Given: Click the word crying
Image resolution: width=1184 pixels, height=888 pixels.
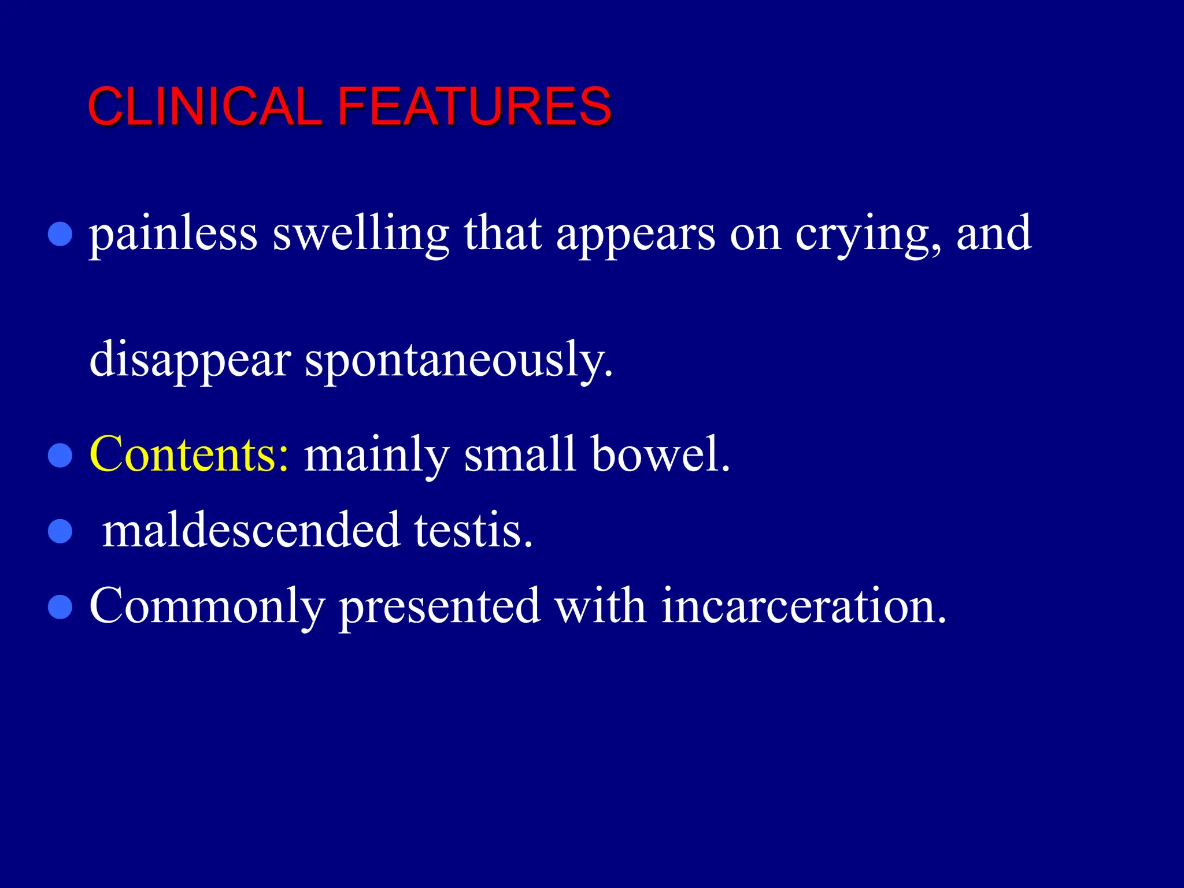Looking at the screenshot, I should [x=868, y=236].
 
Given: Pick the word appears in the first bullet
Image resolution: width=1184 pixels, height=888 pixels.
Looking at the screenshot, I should [x=635, y=236].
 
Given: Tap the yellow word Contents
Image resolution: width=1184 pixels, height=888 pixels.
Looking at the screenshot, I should [x=188, y=454].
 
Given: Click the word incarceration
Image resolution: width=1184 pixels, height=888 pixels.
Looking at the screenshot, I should [x=804, y=606].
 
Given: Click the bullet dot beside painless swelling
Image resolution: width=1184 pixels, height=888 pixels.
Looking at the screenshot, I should [x=60, y=235].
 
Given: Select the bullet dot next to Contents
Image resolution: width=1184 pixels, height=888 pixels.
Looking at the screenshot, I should [x=60, y=455].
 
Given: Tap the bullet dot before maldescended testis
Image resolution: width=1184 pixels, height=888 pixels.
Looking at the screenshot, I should [x=60, y=531].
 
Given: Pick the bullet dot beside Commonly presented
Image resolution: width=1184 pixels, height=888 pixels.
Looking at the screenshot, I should [x=60, y=607].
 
